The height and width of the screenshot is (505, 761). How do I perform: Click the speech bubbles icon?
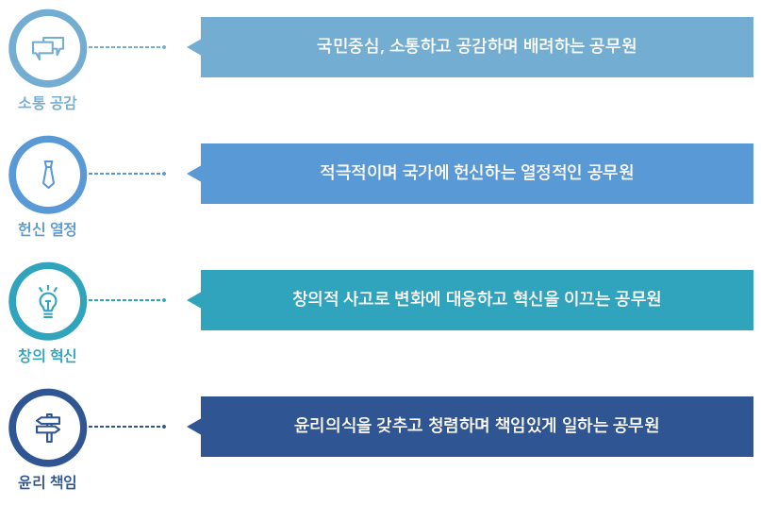coord(48,47)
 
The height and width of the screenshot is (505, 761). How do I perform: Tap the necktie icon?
coord(48,174)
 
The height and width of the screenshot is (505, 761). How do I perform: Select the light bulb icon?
coord(48,301)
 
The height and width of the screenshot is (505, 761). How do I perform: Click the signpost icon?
coord(48,428)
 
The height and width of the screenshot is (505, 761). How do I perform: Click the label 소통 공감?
coord(47,103)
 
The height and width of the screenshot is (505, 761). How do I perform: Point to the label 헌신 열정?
coord(47,229)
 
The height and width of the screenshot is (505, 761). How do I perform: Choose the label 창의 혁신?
coord(47,356)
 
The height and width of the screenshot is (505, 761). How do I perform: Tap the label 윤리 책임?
coord(47,482)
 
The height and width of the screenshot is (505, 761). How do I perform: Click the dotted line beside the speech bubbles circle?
coord(126,47)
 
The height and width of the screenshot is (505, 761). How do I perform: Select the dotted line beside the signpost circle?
coord(126,427)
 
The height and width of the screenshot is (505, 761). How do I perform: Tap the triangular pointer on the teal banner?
coord(193,300)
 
